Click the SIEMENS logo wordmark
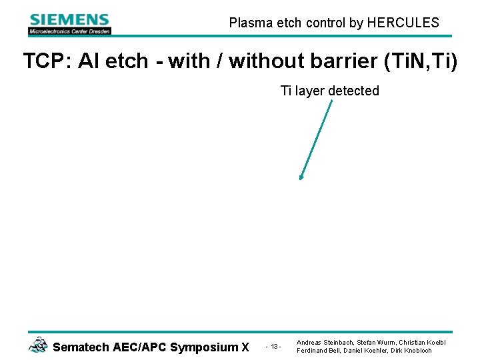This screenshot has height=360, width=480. [x=69, y=20]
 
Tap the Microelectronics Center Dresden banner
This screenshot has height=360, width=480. [x=69, y=31]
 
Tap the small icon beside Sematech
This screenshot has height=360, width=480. [x=38, y=345]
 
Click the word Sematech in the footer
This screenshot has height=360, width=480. [x=79, y=347]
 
